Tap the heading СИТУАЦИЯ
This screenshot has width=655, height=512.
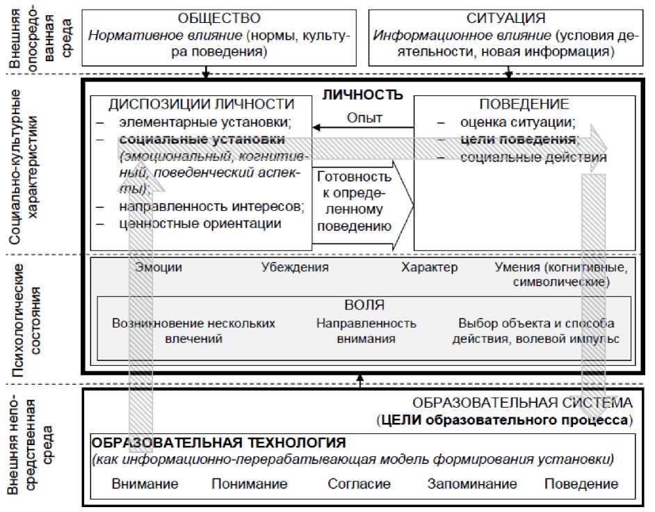coord(507,19)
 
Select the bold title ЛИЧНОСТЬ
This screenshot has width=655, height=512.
coord(362,95)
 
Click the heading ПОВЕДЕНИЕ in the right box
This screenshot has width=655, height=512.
coord(524,105)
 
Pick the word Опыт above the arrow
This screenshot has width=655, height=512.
coord(364,118)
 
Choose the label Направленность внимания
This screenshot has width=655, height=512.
coord(366,331)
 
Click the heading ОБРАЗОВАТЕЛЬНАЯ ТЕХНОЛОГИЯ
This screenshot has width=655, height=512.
coord(219,443)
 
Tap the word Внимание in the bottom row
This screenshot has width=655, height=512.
coord(145,484)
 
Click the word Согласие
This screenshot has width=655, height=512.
coord(359,484)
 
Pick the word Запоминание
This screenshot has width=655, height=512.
coord(472,484)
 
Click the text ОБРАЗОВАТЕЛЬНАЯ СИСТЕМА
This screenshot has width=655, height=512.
coord(522,403)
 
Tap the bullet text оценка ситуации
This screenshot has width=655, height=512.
coord(518,123)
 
